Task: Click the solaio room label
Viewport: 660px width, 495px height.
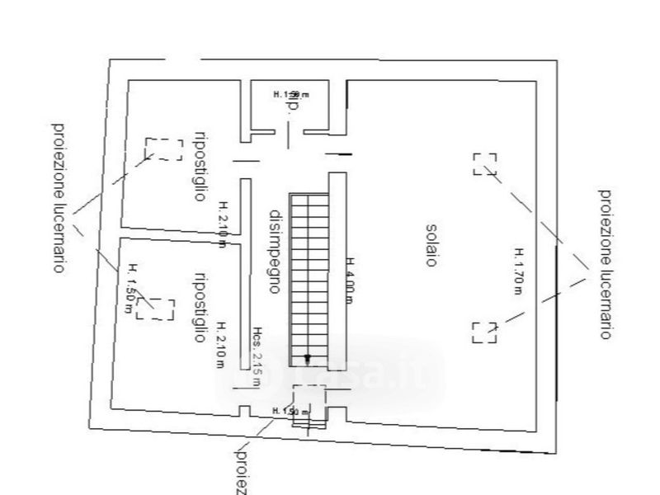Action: coord(431,243)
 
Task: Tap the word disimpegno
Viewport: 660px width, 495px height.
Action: coord(276,250)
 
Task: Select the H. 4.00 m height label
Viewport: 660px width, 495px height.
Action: coord(350,280)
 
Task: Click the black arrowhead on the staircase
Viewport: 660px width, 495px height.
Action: coord(308,358)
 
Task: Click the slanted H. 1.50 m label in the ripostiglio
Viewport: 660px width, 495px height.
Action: coord(130,288)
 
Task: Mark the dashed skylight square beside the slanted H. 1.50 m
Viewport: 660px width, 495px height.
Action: coord(157,309)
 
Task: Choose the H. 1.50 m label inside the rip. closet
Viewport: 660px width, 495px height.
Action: coord(286,95)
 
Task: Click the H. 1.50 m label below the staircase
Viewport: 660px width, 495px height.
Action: coord(290,410)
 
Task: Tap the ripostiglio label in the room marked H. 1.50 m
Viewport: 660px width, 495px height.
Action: coord(198,306)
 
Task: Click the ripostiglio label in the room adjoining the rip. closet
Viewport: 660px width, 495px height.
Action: coord(198,166)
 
